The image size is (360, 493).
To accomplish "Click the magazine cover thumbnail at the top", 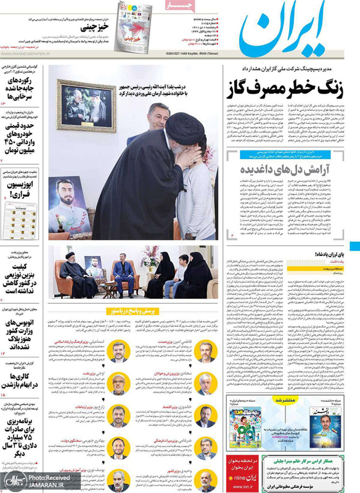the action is pyautogui.click(x=134, y=25).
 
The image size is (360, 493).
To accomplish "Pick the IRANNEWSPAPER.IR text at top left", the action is pyautogui.click(x=28, y=54).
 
